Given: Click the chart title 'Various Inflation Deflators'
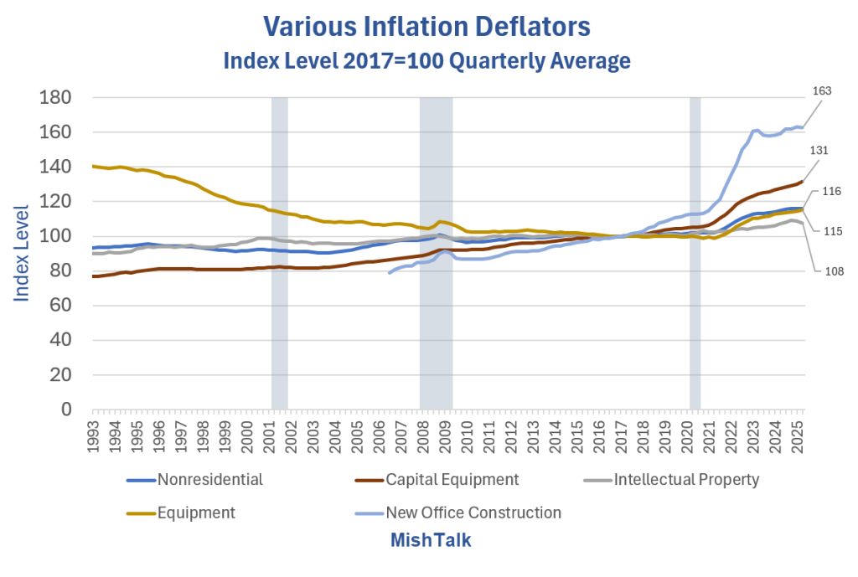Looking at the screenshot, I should point(427,26).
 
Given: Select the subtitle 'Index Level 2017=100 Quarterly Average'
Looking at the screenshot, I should point(426,61).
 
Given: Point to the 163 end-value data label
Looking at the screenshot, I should point(822,90).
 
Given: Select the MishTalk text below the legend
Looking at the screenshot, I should point(430,541).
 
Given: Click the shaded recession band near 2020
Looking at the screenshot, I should point(695,251).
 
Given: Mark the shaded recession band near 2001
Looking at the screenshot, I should point(279,251).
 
